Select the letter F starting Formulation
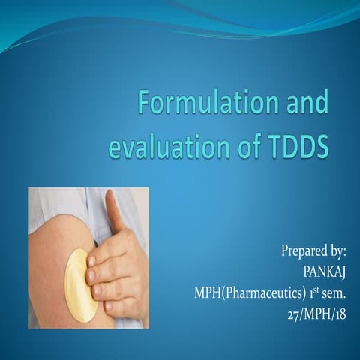point(148,100)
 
